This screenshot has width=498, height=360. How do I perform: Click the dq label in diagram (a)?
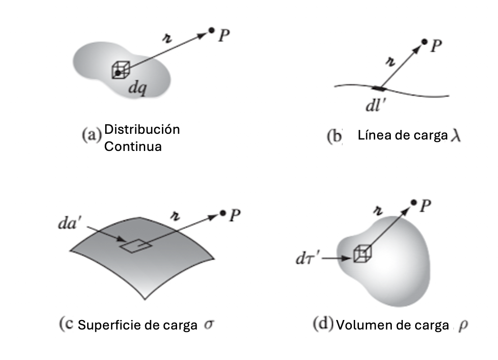[x=138, y=87]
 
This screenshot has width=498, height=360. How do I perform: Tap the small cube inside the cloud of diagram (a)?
[x=121, y=70]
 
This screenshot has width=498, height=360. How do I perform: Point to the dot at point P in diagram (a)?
[x=211, y=30]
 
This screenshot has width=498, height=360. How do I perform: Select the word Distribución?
[x=142, y=130]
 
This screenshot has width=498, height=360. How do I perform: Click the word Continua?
[x=133, y=147]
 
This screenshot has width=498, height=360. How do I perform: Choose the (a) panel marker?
[x=92, y=135]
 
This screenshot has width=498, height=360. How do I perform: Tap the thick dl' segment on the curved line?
[x=380, y=88]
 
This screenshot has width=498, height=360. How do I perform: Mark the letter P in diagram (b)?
[x=437, y=46]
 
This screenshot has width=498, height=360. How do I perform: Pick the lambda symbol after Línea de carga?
[x=456, y=136]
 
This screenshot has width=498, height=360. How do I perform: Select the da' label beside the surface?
[x=68, y=223]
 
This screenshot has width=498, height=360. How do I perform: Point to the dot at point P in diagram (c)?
[x=223, y=213]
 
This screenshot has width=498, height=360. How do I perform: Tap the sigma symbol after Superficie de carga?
[x=209, y=324]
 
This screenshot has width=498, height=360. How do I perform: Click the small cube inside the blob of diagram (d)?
[x=362, y=253]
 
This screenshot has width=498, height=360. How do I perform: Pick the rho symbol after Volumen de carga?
[x=463, y=325]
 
